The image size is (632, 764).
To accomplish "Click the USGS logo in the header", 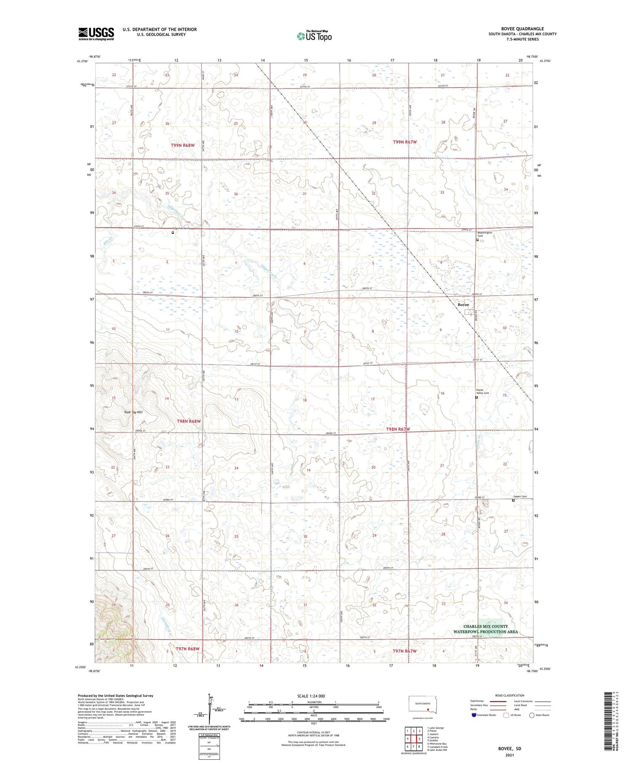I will (x=96, y=34).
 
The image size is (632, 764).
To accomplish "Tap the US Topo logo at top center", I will (x=314, y=36).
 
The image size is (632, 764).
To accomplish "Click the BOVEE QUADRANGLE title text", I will (x=522, y=29).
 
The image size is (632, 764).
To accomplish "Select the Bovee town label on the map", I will (x=463, y=305).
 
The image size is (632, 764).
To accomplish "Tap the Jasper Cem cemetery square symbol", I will (x=513, y=501).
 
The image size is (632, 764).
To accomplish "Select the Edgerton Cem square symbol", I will (x=173, y=232).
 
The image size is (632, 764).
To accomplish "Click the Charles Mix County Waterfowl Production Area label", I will (x=485, y=629).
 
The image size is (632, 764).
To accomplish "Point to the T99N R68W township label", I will (x=183, y=145).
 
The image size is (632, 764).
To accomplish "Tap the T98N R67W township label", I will (x=398, y=429).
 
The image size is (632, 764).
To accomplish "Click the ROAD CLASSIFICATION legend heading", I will (x=509, y=696).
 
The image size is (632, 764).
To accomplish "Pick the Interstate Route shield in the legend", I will (x=474, y=715).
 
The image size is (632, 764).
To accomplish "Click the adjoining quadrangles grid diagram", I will (x=414, y=739).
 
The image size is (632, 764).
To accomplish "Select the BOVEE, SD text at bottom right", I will (x=509, y=748).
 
